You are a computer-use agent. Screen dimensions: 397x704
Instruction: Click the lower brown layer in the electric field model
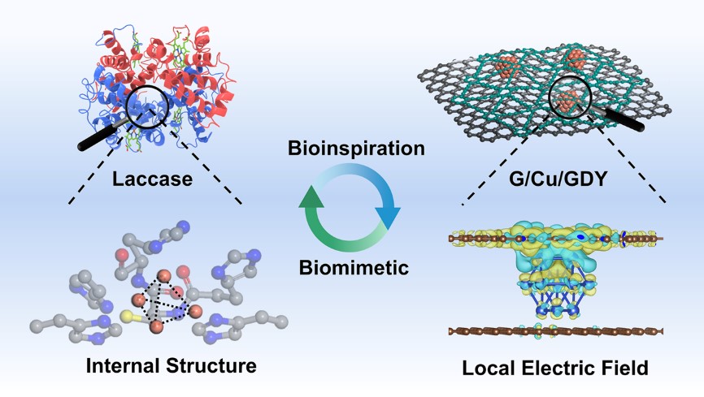[x=557, y=331]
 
